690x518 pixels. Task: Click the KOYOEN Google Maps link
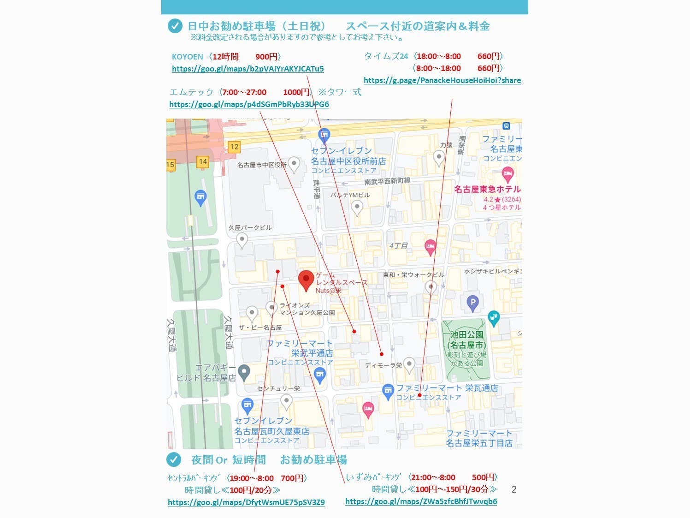click(x=248, y=69)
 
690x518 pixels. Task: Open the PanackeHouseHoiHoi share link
click(x=442, y=80)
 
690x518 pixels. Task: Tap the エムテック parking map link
click(x=249, y=104)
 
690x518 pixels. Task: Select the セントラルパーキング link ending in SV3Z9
click(x=246, y=502)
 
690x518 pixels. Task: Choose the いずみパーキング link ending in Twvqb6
click(x=421, y=501)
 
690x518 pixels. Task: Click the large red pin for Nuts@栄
click(x=306, y=280)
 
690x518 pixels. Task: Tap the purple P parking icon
click(x=472, y=303)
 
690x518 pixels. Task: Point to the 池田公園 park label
click(x=467, y=339)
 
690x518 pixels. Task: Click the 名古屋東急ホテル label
click(x=487, y=189)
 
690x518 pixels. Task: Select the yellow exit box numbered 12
click(x=234, y=147)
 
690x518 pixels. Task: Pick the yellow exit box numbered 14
click(x=202, y=161)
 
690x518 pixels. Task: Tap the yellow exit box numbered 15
click(x=170, y=164)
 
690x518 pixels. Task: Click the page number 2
click(x=514, y=489)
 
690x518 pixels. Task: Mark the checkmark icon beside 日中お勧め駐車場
click(x=175, y=26)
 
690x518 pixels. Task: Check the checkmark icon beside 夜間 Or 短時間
click(x=174, y=459)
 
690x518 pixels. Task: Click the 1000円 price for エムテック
click(x=296, y=92)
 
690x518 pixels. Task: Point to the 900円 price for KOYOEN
click(x=266, y=57)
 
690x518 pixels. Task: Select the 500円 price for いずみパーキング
click(x=483, y=477)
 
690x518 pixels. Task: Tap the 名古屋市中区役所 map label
click(x=262, y=165)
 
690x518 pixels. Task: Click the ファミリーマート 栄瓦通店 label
click(x=447, y=388)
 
